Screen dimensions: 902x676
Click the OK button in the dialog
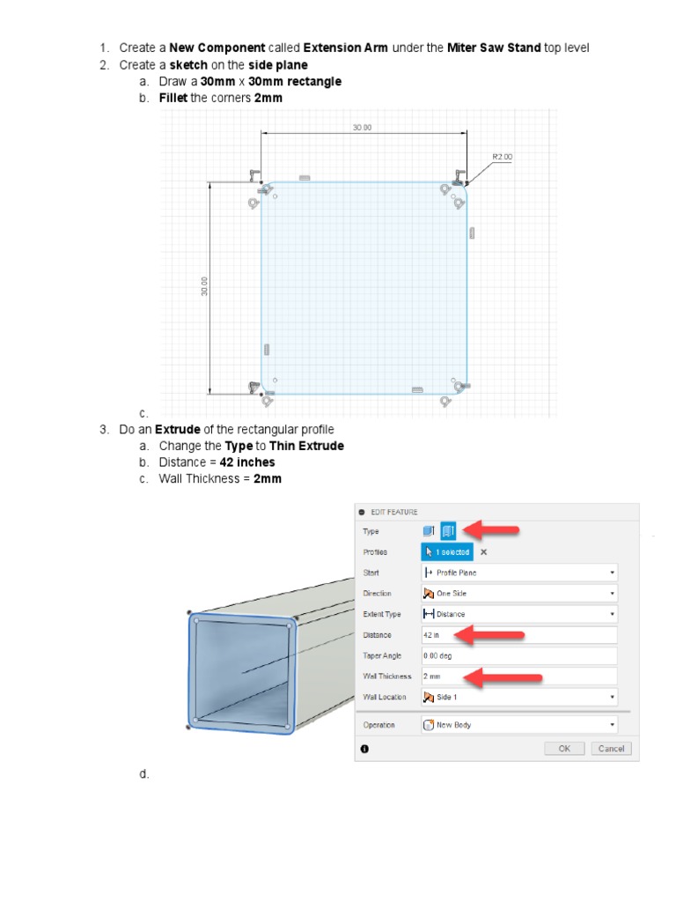point(564,749)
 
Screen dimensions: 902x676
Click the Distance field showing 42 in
point(518,635)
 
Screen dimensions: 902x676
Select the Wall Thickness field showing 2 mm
point(518,676)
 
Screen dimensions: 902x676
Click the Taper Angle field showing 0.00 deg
point(518,655)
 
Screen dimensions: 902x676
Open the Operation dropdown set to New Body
point(518,725)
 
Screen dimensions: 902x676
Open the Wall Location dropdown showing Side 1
point(518,697)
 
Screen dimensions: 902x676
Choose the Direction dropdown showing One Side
point(518,594)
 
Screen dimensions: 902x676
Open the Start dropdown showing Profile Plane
point(518,573)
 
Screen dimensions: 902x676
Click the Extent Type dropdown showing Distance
point(518,614)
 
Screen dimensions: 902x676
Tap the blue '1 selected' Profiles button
point(447,552)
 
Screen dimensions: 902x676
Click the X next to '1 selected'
point(483,552)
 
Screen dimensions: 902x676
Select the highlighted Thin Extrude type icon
point(448,531)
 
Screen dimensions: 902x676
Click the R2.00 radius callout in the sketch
point(502,157)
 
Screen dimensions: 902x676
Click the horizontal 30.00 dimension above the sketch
point(362,128)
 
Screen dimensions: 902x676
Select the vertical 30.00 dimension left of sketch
point(204,286)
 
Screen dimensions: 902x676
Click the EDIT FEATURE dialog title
point(393,512)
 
